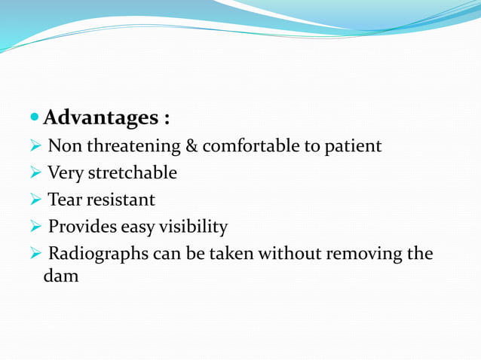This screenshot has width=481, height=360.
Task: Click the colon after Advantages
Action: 166,120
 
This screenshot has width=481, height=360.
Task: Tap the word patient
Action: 353,146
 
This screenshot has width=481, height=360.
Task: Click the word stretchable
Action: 133,173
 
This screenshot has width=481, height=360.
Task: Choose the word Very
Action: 66,173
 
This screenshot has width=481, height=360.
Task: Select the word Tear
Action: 64,200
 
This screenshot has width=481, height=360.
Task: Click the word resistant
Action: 120,200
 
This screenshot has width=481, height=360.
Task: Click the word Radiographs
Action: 97,254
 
